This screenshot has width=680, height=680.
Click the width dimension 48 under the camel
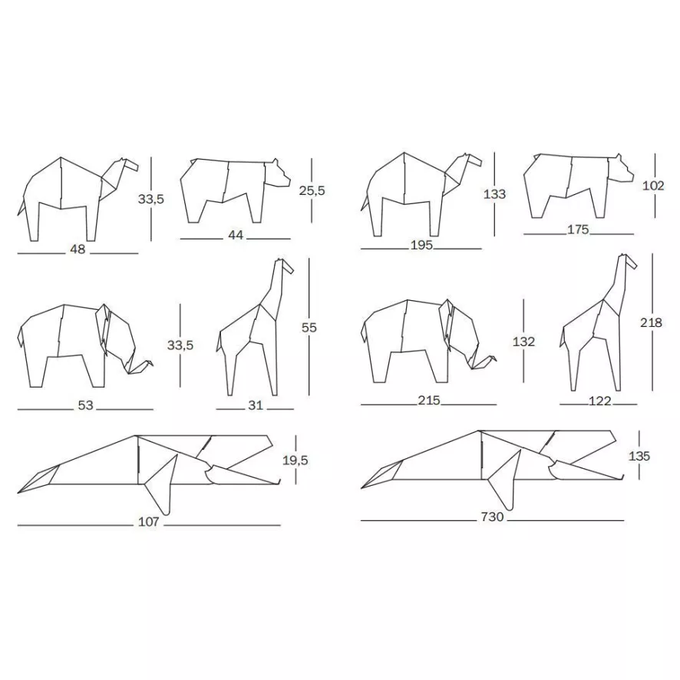(x=78, y=249)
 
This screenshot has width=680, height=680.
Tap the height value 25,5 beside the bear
(x=312, y=191)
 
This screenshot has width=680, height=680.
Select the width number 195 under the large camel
(x=421, y=245)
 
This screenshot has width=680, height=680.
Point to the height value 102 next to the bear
(x=654, y=186)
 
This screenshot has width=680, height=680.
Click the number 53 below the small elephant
(x=85, y=405)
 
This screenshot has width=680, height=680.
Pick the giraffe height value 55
(x=309, y=328)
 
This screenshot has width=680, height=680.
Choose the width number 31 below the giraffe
(x=256, y=405)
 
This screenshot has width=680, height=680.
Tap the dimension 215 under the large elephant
(x=429, y=401)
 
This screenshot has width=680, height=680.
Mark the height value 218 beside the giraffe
(x=651, y=323)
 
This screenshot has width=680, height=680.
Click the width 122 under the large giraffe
(x=599, y=401)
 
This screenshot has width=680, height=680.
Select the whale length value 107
(x=148, y=522)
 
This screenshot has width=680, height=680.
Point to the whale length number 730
(x=492, y=517)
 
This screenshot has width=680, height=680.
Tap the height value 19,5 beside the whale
(x=295, y=460)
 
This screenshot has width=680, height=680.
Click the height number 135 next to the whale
(x=639, y=456)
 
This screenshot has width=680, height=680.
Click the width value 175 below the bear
(x=578, y=229)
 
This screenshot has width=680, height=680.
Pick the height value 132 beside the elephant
(x=523, y=342)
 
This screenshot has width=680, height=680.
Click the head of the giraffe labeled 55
(x=285, y=266)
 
